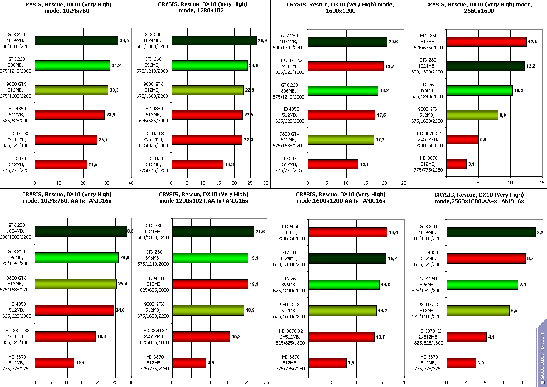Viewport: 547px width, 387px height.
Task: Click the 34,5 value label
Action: [125, 40]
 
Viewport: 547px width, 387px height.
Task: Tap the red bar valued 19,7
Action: [346, 66]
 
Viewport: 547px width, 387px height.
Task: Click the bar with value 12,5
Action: [486, 42]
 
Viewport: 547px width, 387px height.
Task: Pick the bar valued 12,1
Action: [54, 363]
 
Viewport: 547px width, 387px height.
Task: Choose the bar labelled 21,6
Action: [213, 232]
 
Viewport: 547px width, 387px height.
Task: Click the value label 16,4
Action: [395, 232]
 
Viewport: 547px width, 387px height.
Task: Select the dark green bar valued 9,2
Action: [491, 232]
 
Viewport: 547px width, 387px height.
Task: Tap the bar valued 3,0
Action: [461, 363]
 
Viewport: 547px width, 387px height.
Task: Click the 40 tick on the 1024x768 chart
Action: [131, 183]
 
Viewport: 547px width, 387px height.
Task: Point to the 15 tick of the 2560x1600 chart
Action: [542, 183]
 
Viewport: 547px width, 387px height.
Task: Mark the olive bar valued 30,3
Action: [71, 90]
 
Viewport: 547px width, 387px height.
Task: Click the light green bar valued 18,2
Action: [343, 91]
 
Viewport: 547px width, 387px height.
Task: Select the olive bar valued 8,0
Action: [472, 115]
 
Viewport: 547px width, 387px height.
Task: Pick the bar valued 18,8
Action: [65, 336]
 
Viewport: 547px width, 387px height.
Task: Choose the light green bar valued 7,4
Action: [482, 285]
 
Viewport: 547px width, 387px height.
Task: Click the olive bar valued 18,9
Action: [208, 311]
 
